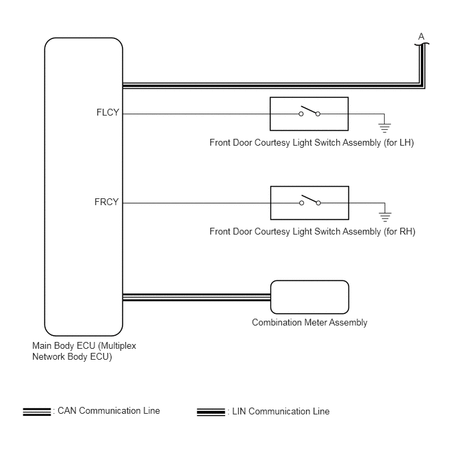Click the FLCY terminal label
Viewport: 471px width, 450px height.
pos(108,112)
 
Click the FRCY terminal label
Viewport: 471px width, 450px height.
pos(107,202)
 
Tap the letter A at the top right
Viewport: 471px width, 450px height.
pos(421,37)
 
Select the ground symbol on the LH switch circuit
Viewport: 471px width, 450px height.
pos(385,128)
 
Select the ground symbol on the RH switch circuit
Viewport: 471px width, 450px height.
pos(385,217)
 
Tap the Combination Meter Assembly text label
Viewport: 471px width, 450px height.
pos(309,323)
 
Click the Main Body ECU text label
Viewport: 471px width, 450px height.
pos(84,351)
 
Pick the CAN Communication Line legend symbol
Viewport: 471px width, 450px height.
pos(37,412)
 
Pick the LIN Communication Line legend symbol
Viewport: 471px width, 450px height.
pos(211,412)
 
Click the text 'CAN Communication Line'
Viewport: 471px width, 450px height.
pos(109,411)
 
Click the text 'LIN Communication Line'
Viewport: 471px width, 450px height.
pos(281,411)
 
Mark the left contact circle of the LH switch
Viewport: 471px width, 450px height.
pos(301,114)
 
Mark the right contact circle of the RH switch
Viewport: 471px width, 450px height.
pos(318,203)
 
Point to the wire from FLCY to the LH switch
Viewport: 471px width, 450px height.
pos(211,114)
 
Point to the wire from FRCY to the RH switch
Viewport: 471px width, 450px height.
pos(211,203)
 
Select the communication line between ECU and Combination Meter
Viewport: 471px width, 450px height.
pos(196,297)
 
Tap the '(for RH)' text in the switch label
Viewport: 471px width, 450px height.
pos(399,232)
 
